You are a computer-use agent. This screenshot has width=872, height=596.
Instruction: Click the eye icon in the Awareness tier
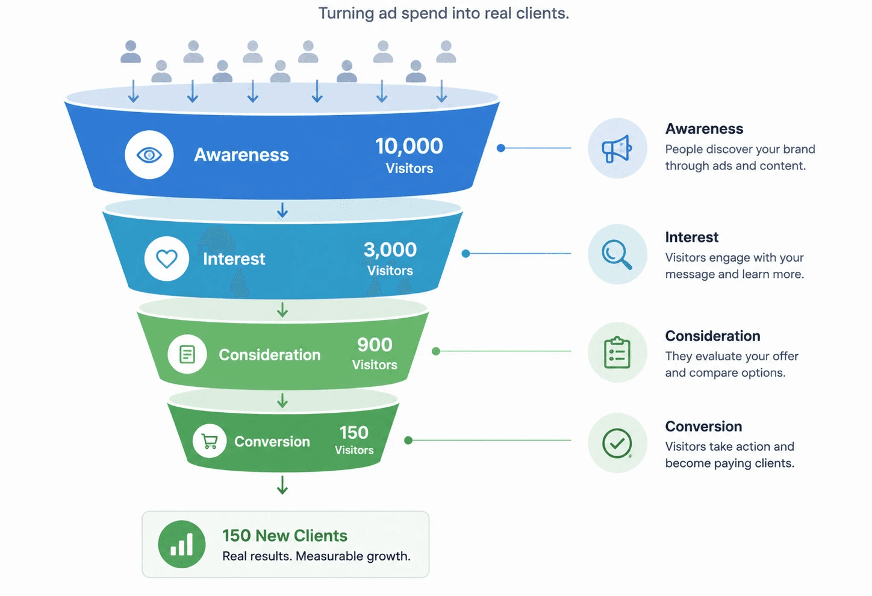click(x=149, y=155)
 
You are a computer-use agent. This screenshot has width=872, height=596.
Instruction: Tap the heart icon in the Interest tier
click(x=167, y=259)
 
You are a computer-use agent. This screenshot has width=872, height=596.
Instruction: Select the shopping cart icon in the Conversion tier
click(x=210, y=441)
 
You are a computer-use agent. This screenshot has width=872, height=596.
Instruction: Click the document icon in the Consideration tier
click(x=187, y=354)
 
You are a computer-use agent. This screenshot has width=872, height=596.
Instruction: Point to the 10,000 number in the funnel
click(x=409, y=146)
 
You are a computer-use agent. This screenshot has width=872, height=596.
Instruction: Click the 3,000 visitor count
click(x=390, y=249)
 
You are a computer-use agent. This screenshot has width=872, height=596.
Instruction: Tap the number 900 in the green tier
click(x=375, y=345)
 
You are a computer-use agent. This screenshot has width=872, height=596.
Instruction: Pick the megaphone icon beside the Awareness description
click(x=617, y=148)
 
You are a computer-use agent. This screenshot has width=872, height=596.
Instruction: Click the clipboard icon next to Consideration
click(x=617, y=353)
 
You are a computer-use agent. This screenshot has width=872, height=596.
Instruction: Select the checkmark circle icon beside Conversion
click(x=617, y=444)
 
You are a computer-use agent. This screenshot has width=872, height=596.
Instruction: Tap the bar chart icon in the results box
click(x=182, y=544)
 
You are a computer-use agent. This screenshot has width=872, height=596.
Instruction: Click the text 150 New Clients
click(x=285, y=536)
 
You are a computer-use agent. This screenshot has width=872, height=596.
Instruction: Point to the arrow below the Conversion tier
click(x=282, y=485)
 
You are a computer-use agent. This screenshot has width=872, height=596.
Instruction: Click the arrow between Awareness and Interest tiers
click(x=282, y=210)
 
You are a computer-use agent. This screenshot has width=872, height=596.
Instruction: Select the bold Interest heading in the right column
click(x=692, y=237)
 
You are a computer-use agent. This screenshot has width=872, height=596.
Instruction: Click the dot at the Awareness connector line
click(x=501, y=148)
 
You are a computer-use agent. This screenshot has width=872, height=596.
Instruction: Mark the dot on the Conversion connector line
click(x=408, y=440)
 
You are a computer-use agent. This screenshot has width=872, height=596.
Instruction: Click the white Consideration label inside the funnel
click(x=269, y=355)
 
